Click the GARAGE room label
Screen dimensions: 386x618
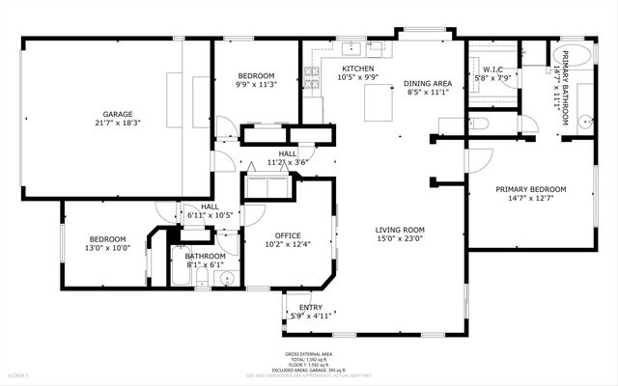[118, 115]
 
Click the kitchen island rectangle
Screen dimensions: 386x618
[379, 101]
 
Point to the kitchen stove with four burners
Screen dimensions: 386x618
[312, 76]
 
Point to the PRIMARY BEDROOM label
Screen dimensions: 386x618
[530, 189]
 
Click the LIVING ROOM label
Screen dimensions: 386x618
[400, 230]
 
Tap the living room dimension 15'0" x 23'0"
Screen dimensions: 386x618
[400, 239]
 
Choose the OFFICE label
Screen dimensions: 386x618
[288, 235]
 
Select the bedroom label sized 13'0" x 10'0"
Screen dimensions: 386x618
[108, 239]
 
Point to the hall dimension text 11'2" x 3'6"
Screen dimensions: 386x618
[288, 162]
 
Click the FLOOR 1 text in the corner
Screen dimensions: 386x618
[19, 374]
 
